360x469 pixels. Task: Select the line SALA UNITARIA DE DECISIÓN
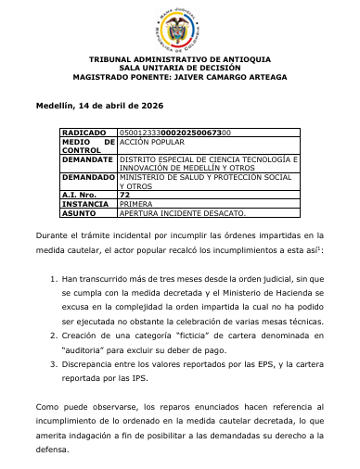[x=179, y=69]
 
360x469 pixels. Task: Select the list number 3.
[x=52, y=364]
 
